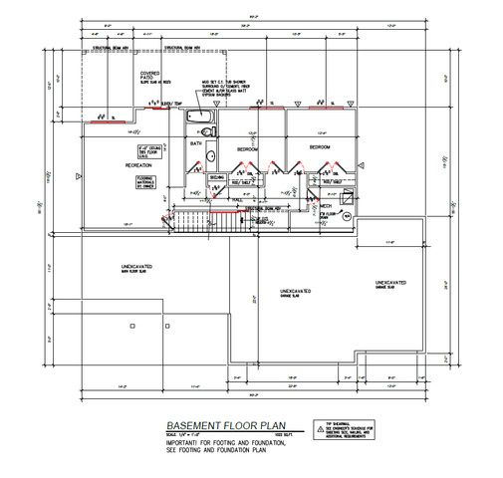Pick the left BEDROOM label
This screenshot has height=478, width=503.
click(x=249, y=148)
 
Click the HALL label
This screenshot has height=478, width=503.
click(x=237, y=199)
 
